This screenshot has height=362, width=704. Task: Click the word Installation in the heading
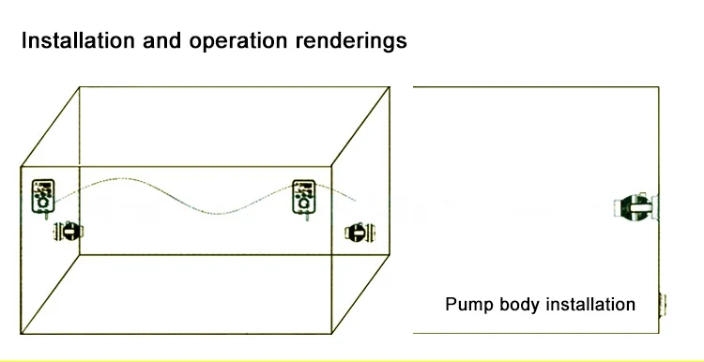(x=78, y=40)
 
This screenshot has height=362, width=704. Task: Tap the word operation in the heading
(x=238, y=41)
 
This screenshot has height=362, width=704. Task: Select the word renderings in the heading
(x=351, y=41)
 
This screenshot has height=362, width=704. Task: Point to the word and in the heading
(x=161, y=40)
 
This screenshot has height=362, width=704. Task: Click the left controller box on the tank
(x=43, y=198)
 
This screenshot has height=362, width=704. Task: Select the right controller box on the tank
(x=304, y=198)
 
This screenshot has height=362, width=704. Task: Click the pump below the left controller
(x=69, y=232)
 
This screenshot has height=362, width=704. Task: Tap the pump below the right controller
(x=360, y=233)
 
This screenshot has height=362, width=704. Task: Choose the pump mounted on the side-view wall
(x=635, y=207)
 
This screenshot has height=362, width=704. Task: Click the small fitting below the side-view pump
(x=663, y=305)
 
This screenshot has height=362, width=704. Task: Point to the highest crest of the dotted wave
(x=122, y=178)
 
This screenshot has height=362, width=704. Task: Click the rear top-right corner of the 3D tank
(x=390, y=87)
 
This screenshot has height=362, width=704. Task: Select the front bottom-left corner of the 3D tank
(x=21, y=333)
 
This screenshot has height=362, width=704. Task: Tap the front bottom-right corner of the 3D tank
(x=331, y=333)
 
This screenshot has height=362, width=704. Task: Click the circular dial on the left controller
(x=43, y=204)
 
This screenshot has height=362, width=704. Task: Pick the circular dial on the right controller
(x=304, y=204)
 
